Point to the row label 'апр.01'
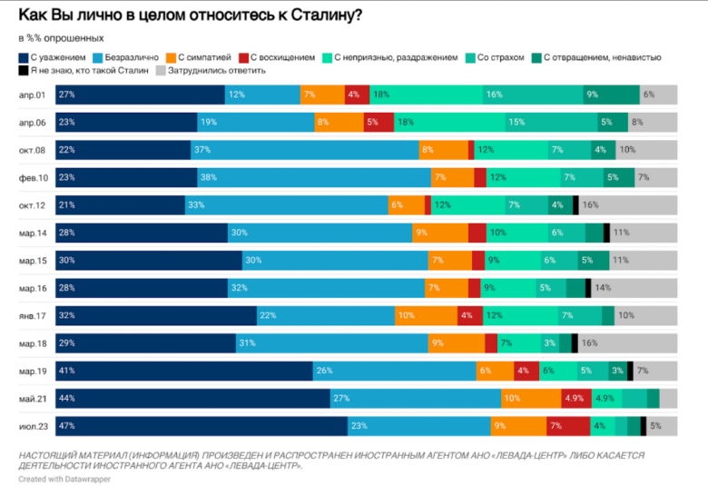pyautogui.click(x=34, y=95)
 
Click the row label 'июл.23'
pyautogui.click(x=34, y=425)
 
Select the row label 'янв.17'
pyautogui.click(x=34, y=315)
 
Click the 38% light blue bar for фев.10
pyautogui.click(x=314, y=178)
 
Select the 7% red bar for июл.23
pyautogui.click(x=566, y=425)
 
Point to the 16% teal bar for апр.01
pyautogui.click(x=532, y=95)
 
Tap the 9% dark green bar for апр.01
pyautogui.click(x=612, y=95)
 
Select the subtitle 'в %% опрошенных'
pyautogui.click(x=61, y=38)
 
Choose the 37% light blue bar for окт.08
pyautogui.click(x=305, y=150)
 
